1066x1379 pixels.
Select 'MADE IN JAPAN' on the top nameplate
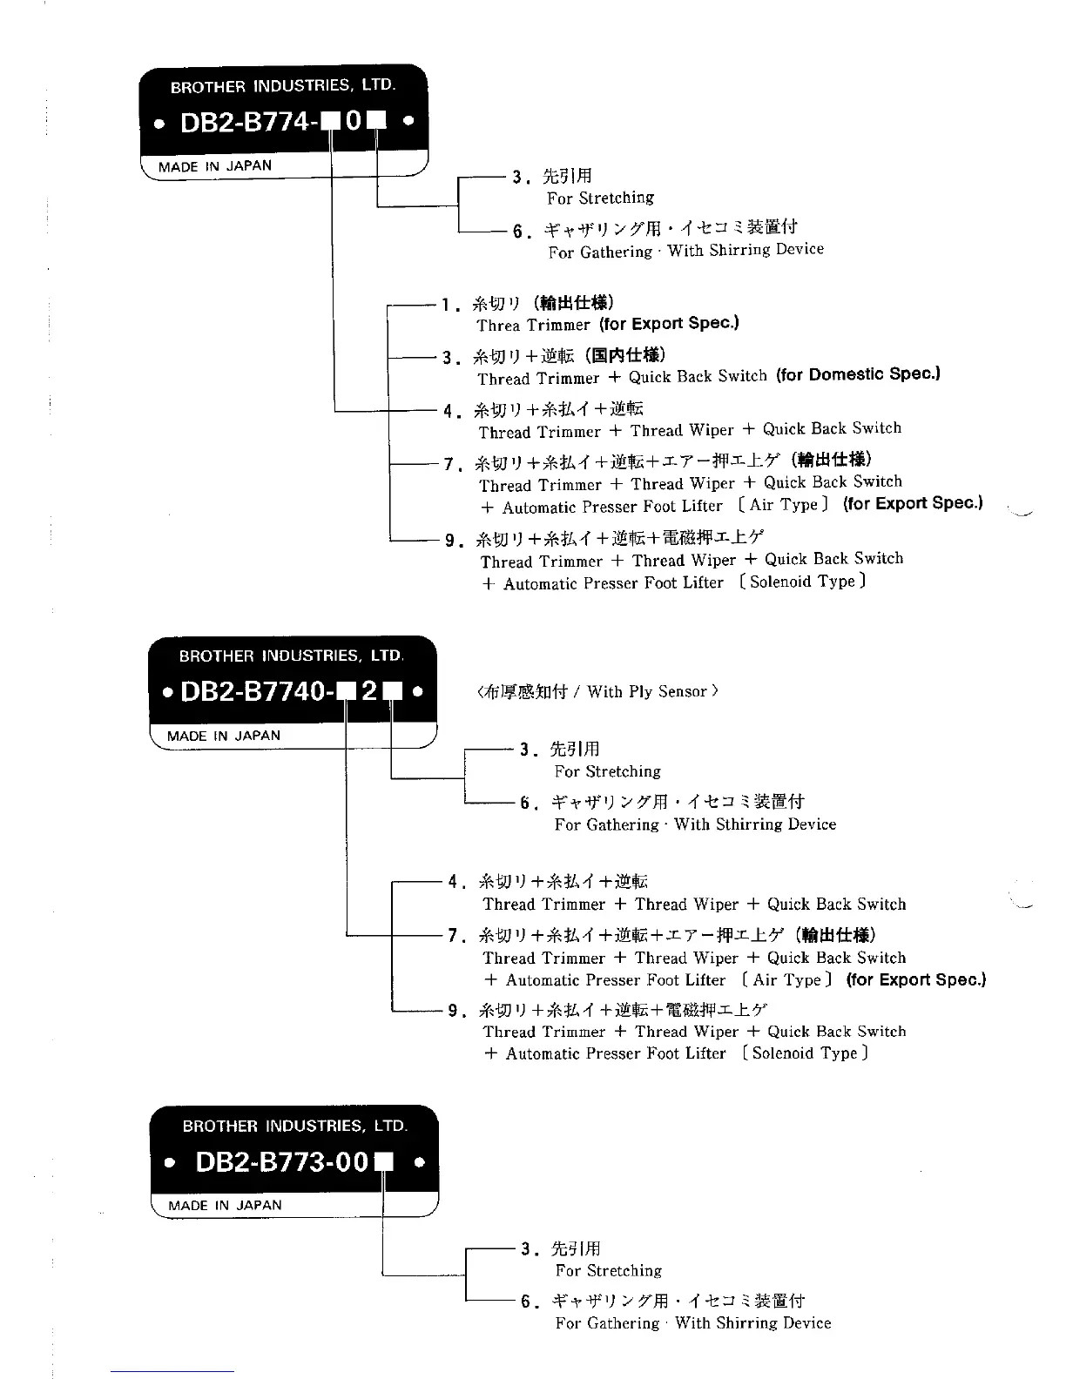[x=215, y=165]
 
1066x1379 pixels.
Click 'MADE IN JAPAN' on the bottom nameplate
[x=225, y=1206]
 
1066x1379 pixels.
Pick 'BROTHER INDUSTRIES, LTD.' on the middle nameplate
[x=291, y=656]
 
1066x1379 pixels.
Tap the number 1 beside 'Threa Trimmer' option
[x=446, y=305]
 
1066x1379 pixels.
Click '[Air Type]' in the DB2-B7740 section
[x=786, y=980]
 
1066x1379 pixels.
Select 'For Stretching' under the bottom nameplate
[x=608, y=1270]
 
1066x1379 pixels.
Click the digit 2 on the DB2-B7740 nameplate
[x=368, y=692]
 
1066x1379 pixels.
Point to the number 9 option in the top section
[x=450, y=540]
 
